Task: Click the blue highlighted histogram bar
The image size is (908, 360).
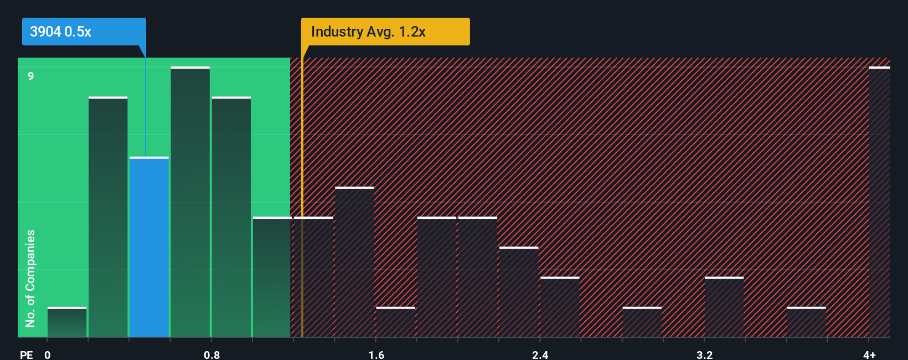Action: pyautogui.click(x=149, y=247)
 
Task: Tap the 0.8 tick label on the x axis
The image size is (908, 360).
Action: pyautogui.click(x=211, y=354)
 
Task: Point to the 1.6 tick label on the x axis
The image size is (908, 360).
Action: pyautogui.click(x=376, y=354)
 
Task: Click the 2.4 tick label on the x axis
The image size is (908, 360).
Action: pyautogui.click(x=540, y=354)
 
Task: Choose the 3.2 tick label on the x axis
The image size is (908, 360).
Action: pyautogui.click(x=704, y=354)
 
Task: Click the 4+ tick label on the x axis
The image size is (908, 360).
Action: pyautogui.click(x=869, y=354)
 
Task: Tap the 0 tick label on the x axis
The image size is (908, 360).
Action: pyautogui.click(x=48, y=354)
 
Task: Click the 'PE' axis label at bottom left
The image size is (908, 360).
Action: pyautogui.click(x=26, y=354)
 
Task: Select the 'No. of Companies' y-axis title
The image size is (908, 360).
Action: pyautogui.click(x=30, y=278)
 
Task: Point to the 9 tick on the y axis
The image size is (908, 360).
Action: pyautogui.click(x=31, y=76)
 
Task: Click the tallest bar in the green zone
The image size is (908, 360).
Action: pyautogui.click(x=190, y=202)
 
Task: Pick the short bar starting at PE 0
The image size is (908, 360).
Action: pyautogui.click(x=67, y=322)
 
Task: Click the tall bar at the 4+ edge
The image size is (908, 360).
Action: pyautogui.click(x=879, y=202)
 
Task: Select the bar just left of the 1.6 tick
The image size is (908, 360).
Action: pyautogui.click(x=354, y=262)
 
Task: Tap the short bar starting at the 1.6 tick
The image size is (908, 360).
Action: pyautogui.click(x=395, y=322)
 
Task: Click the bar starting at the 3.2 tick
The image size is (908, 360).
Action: pyautogui.click(x=724, y=307)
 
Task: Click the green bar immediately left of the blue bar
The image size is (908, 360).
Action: pyautogui.click(x=108, y=217)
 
